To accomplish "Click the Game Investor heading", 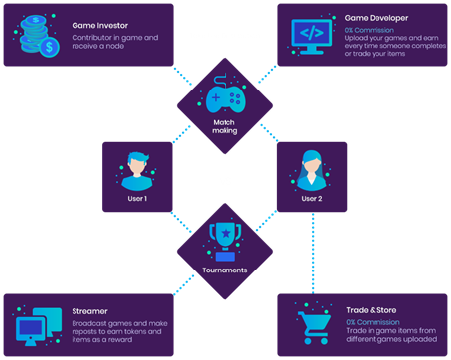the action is [100, 26].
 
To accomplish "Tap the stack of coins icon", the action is [37, 36].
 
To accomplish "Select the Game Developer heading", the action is [376, 18].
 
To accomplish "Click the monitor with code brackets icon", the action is [311, 36].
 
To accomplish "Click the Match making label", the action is [225, 126].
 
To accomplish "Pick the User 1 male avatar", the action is [137, 171].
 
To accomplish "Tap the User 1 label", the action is [137, 199].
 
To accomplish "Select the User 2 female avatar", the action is [311, 170].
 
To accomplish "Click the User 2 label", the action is [312, 199].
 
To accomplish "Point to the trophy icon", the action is [225, 242].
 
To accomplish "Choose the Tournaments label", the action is [225, 270].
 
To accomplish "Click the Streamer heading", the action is [89, 311].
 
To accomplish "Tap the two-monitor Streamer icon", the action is [39, 327].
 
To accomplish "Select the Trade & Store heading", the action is [372, 310].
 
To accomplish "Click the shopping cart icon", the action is [314, 328].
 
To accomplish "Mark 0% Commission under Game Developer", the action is [370, 30].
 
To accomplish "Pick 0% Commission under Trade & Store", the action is [373, 322].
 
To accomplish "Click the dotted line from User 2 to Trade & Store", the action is [313, 253].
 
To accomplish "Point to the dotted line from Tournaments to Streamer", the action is [184, 284].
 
